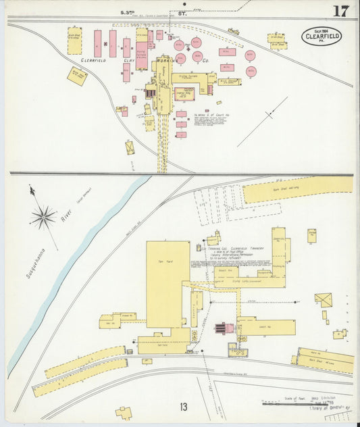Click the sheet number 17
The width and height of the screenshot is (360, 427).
pyautogui.click(x=340, y=11)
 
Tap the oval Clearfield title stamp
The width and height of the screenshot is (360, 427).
pyautogui.click(x=322, y=36)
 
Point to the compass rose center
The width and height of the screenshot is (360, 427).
pyautogui.click(x=44, y=217)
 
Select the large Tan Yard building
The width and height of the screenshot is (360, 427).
pyautogui.click(x=168, y=284)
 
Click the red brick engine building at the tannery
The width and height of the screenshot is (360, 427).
pyautogui.click(x=224, y=328)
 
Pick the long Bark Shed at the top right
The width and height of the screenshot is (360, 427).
pyautogui.click(x=297, y=189)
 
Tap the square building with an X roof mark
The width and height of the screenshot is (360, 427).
pyautogui.click(x=324, y=299)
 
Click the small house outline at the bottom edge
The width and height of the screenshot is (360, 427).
pyautogui.click(x=124, y=412)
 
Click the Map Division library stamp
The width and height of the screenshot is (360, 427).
pyautogui.click(x=322, y=406)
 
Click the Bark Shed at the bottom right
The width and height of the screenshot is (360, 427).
pyautogui.click(x=326, y=359)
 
